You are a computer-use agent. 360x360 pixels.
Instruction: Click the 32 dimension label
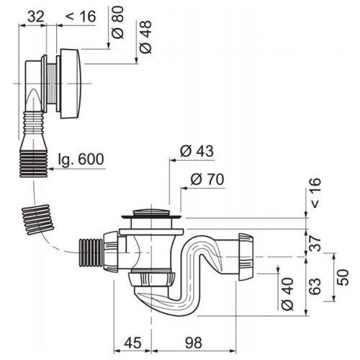tap(36, 17)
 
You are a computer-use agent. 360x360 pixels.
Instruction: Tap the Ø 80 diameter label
tap(118, 22)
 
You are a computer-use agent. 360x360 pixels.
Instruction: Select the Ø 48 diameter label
tap(145, 37)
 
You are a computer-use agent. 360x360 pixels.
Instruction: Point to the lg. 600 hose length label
tap(81, 158)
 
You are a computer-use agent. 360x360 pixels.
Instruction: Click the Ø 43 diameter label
tap(197, 151)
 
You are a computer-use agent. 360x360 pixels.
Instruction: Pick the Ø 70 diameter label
tap(207, 179)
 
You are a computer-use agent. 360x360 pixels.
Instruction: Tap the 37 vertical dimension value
tap(315, 243)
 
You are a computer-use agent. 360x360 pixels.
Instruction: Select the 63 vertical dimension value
tap(315, 286)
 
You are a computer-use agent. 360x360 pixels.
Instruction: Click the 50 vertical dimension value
tap(343, 277)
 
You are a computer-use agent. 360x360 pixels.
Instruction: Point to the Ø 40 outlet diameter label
tap(287, 294)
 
